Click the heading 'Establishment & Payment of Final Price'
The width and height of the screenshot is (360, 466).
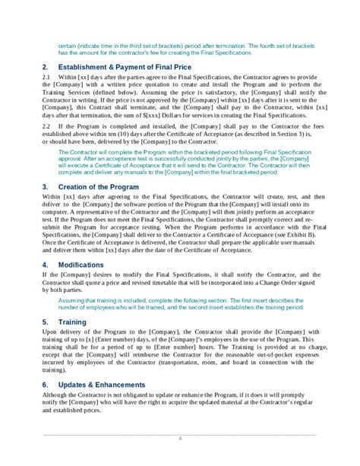(122, 68)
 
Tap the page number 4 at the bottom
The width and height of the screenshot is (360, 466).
(180, 438)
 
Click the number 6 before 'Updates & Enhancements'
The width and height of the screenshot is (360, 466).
(45, 385)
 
